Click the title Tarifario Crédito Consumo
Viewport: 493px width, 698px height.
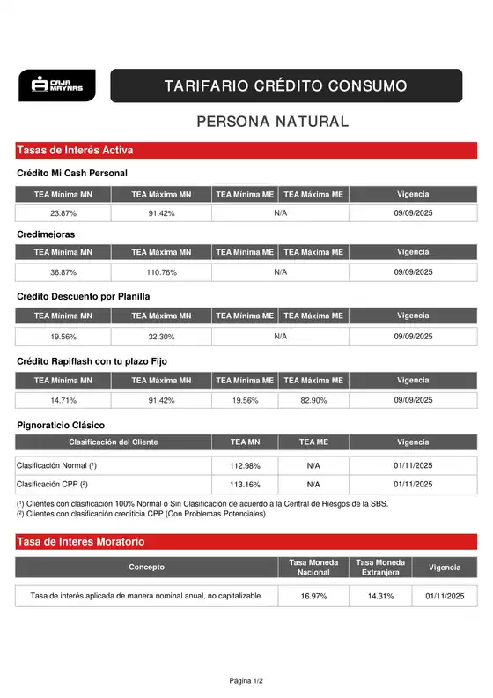285,86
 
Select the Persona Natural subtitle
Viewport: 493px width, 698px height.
272,122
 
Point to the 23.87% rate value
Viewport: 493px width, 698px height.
63,213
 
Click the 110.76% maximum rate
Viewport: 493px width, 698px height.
161,272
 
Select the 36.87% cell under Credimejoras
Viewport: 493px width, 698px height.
63,272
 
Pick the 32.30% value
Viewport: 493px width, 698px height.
161,337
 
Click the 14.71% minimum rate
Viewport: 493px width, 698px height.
63,400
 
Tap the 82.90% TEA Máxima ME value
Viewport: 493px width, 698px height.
313,400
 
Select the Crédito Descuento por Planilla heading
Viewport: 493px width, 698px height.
84,296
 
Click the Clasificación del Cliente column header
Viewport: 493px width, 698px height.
114,442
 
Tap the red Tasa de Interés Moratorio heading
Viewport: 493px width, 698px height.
81,541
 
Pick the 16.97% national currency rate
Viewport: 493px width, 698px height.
313,597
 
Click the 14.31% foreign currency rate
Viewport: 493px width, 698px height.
380,597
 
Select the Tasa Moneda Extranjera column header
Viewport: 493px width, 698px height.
380,567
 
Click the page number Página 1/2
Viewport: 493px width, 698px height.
246,680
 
